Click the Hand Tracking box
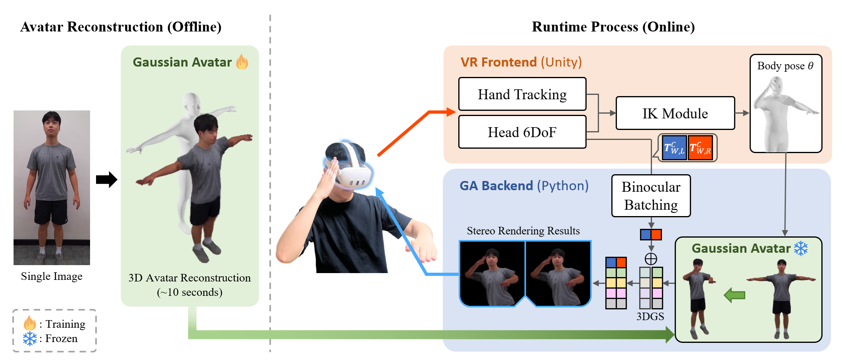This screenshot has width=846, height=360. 522,94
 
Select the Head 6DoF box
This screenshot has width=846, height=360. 522,132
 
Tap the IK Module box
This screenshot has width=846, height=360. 675,113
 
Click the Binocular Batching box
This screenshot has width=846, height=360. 651,196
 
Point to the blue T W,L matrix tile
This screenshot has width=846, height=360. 674,148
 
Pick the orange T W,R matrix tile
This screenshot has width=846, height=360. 700,148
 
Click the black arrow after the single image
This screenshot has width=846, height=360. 106,179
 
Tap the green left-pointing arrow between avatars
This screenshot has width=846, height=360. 734,295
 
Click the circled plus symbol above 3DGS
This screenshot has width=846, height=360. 651,259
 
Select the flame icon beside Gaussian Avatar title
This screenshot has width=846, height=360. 242,62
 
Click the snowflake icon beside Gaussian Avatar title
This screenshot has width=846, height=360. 801,248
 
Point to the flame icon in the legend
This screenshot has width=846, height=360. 29,323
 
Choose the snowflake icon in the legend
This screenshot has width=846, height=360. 29,338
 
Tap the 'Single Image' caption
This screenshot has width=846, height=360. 52,276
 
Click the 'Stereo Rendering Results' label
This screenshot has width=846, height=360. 523,231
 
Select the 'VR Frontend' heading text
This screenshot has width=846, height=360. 499,62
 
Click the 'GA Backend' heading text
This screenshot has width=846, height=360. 496,186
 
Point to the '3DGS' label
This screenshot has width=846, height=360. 650,317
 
